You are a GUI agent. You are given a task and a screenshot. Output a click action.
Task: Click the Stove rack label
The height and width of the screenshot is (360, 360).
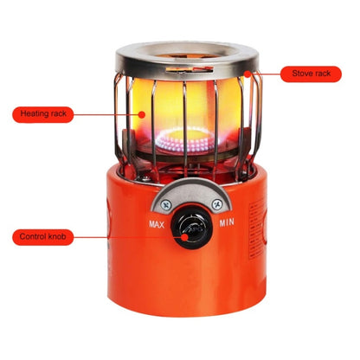311,74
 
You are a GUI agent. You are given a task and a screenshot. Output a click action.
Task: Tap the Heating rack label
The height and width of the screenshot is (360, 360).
43,114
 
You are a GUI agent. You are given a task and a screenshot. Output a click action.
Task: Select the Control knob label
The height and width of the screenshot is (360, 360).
43,237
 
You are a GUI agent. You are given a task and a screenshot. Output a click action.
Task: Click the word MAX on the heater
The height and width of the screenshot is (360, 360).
157,224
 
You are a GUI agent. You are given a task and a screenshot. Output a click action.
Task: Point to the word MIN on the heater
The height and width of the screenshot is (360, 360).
227,222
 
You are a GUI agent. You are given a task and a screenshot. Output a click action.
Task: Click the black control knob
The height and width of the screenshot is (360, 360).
192,227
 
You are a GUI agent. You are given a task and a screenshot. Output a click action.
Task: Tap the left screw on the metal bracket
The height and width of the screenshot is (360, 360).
166,205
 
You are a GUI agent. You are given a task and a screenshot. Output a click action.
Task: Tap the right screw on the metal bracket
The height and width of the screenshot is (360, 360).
217,204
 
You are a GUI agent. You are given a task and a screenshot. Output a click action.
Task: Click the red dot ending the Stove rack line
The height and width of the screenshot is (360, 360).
247,74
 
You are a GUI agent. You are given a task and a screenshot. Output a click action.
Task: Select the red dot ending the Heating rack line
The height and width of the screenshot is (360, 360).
141,114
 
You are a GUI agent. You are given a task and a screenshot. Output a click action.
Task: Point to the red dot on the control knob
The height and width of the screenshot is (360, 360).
184,237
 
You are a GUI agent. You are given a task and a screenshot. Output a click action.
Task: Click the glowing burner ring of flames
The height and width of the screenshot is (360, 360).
188,140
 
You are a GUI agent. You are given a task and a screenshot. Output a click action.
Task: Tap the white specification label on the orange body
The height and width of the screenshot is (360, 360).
257,228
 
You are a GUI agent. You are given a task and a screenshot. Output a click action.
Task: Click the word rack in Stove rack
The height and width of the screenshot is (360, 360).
322,74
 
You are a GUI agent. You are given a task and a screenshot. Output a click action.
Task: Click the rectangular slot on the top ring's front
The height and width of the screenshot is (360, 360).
190,69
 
